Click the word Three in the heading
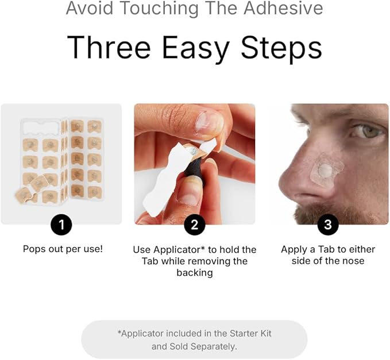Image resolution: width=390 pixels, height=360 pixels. tap(109, 47)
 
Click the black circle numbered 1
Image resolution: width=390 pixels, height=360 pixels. tap(61, 224)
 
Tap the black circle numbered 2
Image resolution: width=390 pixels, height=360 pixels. tap(195, 224)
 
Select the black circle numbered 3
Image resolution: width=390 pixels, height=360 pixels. tap(328, 224)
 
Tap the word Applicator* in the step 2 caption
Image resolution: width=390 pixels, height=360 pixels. tap(179, 250)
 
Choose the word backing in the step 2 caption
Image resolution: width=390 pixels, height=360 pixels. tap(195, 273)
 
